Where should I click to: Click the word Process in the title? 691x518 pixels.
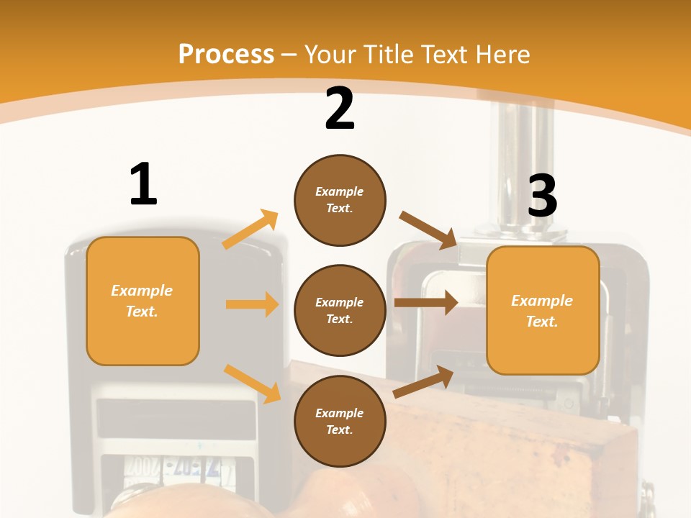click(x=226, y=54)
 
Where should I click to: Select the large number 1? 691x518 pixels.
click(x=143, y=184)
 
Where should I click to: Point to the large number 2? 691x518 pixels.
click(x=340, y=109)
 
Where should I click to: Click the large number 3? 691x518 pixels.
click(x=542, y=196)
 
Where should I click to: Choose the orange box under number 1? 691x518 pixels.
click(x=143, y=301)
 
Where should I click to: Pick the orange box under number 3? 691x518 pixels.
click(x=543, y=310)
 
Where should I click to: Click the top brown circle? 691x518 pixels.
click(x=340, y=200)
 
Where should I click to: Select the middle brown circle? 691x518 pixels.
click(x=340, y=310)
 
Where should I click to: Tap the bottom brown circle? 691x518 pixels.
click(x=340, y=421)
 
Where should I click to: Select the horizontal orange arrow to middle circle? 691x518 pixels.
click(x=252, y=304)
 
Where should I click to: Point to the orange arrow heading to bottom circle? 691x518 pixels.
click(x=252, y=383)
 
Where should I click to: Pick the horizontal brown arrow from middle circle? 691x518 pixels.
click(x=425, y=303)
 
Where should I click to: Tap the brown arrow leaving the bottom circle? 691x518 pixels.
click(x=423, y=382)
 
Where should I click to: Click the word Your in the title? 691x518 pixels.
click(x=330, y=54)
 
